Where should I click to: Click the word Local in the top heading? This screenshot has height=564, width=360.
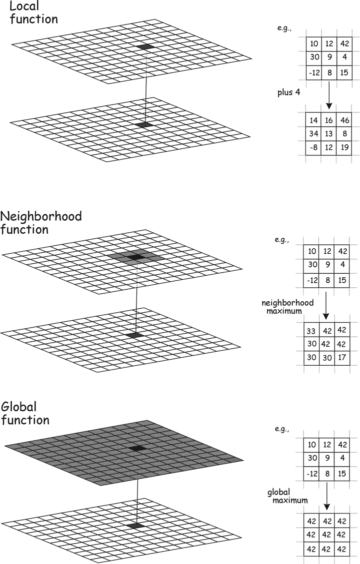(x=24, y=6)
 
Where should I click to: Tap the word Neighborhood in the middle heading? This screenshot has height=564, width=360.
(x=41, y=216)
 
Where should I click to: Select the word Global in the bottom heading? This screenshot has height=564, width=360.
(x=19, y=407)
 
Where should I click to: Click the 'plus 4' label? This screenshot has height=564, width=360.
(x=288, y=92)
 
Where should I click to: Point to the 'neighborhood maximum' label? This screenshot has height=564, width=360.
(x=287, y=307)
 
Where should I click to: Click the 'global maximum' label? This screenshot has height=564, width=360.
(x=287, y=496)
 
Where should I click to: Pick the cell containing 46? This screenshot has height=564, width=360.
(x=344, y=120)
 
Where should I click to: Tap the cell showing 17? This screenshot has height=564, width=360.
(x=341, y=358)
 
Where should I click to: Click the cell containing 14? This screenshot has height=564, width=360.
(x=313, y=120)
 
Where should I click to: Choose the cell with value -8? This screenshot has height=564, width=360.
(x=313, y=147)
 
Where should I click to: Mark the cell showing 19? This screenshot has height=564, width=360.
(x=344, y=147)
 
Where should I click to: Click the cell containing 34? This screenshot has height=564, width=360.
(x=313, y=134)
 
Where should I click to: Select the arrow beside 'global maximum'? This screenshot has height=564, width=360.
(x=326, y=496)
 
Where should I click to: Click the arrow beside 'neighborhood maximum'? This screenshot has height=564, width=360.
(x=326, y=305)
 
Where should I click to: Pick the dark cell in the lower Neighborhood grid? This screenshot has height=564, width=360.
(x=134, y=335)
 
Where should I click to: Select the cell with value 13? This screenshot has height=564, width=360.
(x=328, y=134)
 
